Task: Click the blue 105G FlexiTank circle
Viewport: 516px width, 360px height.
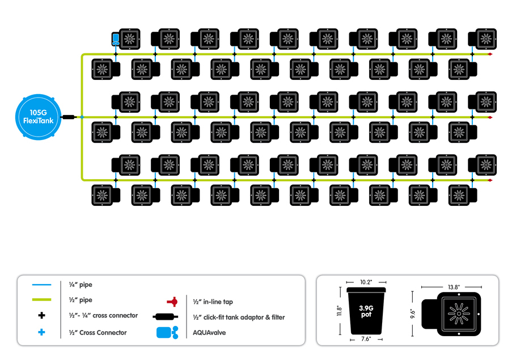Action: (38, 117)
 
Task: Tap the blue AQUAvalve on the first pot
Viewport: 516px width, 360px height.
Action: (116, 39)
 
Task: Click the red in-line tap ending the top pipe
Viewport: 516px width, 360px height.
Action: (490, 54)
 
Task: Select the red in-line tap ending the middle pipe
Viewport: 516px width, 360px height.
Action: (490, 117)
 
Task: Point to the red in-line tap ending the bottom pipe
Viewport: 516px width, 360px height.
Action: (490, 180)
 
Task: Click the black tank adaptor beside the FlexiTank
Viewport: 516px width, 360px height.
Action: (69, 117)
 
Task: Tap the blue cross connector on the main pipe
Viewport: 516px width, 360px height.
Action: (82, 117)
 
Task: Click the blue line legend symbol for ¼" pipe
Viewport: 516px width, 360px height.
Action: (42, 285)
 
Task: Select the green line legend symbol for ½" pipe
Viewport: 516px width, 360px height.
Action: (42, 300)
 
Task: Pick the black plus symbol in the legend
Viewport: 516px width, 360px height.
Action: (42, 316)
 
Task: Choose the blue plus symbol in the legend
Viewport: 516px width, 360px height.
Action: (42, 332)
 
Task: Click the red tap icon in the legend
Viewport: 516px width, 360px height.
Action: (172, 302)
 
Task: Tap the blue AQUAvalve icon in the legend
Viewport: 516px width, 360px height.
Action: (167, 332)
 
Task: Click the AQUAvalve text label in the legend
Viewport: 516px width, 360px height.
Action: (209, 333)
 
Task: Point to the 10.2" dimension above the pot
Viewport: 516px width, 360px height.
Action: (366, 282)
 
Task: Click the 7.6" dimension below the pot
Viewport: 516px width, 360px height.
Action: (366, 339)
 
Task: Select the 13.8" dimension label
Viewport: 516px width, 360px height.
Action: (454, 287)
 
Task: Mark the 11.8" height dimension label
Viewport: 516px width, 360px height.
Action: (339, 311)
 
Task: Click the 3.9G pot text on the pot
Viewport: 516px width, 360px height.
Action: (366, 311)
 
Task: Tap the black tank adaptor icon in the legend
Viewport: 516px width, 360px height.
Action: (166, 317)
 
